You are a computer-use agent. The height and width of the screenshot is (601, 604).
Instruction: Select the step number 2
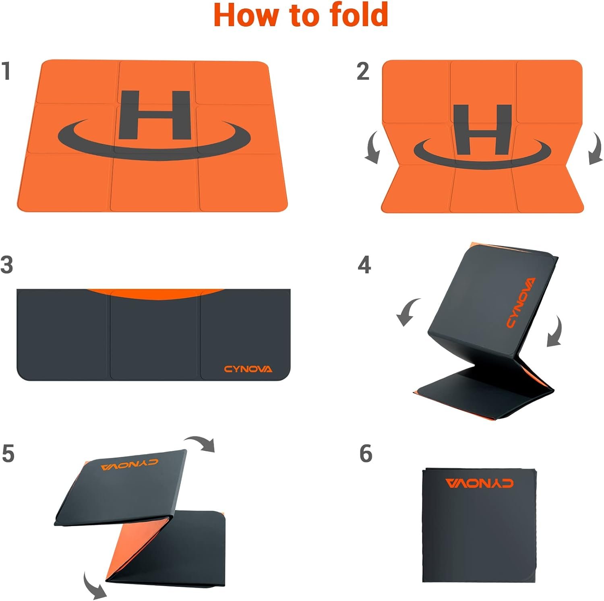pos(363,71)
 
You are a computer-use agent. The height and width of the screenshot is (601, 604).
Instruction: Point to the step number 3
pos(7,265)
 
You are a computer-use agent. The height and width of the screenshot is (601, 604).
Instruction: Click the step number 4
pos(364,265)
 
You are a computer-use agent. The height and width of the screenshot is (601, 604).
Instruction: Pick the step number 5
pos(8,454)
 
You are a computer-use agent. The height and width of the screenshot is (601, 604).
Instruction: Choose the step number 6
pos(366,454)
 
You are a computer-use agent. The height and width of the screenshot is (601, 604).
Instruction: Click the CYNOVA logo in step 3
pos(248,369)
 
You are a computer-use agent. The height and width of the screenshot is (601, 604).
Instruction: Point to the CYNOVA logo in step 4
pos(521,303)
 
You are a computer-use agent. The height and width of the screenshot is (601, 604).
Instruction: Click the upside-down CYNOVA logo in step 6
pos(479,483)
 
